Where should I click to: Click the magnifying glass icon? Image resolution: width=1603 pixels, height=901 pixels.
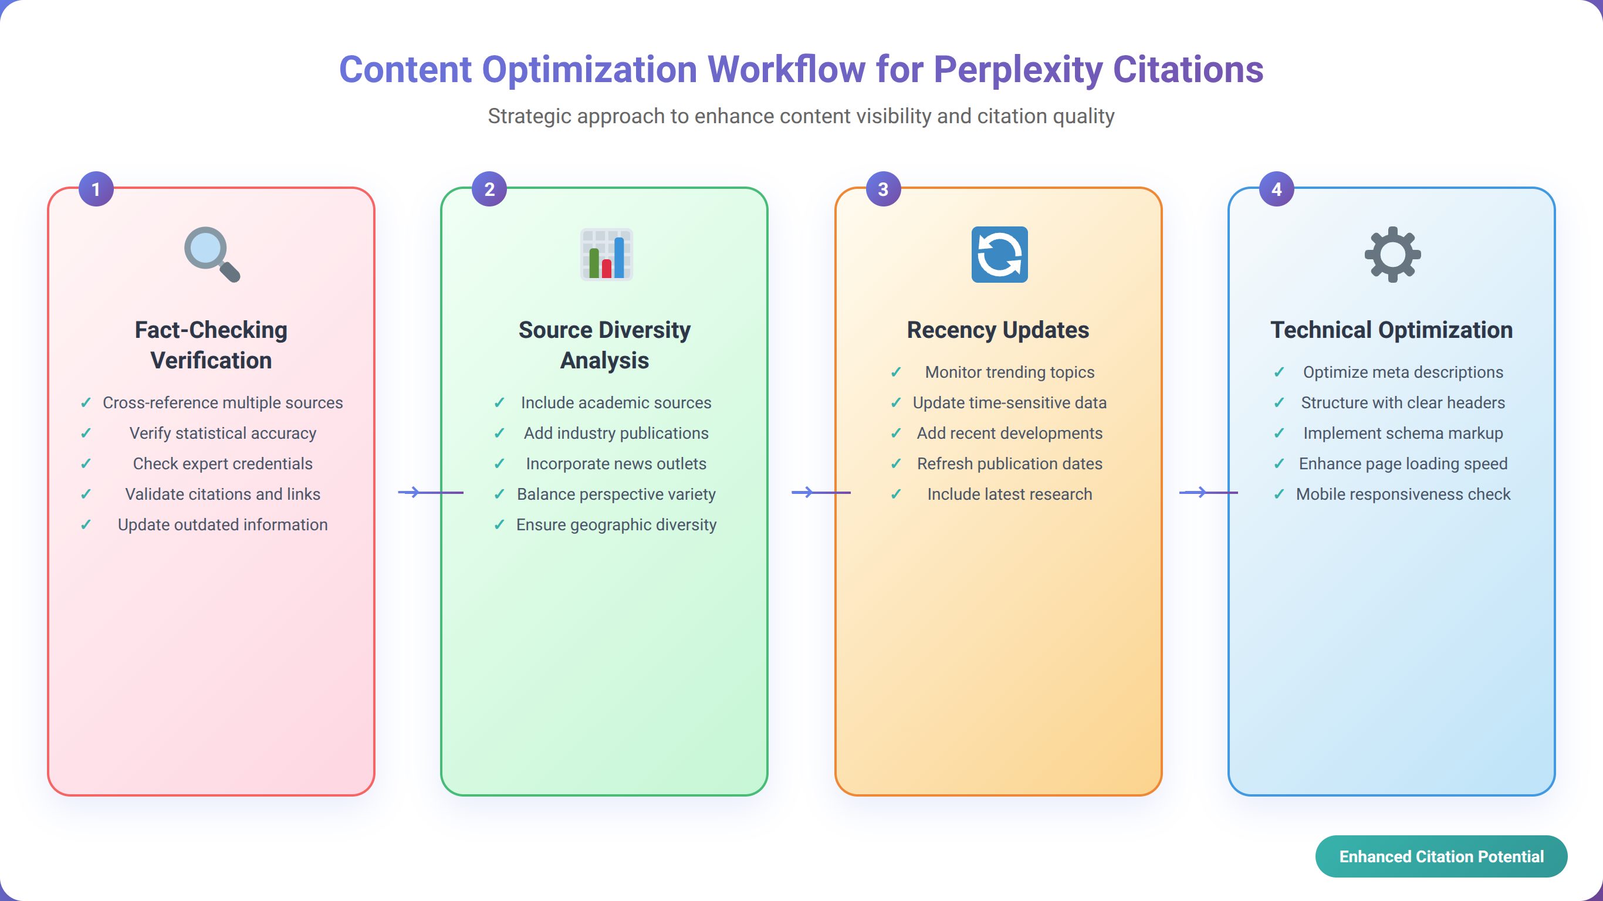pos(212,254)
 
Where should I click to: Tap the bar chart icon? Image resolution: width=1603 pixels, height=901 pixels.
pos(606,254)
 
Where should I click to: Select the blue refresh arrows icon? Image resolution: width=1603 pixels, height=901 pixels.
pos(999,254)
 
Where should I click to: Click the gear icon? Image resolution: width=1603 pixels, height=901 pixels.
pos(1393,254)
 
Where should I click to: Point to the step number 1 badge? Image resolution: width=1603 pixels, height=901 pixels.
pos(96,188)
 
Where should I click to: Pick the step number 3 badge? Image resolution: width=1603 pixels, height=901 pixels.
pos(883,188)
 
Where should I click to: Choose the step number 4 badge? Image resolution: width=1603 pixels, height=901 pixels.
pos(1276,188)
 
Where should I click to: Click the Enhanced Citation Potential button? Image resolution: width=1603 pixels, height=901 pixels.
pos(1441,856)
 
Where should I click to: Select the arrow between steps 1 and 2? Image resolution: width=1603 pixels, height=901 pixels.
pos(431,492)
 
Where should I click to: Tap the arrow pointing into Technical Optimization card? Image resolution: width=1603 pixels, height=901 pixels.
pos(1209,492)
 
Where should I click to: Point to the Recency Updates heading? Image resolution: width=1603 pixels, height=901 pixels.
pos(998,330)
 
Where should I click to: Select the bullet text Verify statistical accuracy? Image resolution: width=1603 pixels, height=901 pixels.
pos(223,433)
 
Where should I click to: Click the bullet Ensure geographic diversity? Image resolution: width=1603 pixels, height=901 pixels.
pos(616,524)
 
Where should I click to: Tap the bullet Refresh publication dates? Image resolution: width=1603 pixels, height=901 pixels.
pos(1009,463)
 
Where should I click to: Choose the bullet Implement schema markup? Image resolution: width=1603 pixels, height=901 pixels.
pos(1402,433)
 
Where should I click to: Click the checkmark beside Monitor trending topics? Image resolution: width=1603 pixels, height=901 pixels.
pos(895,372)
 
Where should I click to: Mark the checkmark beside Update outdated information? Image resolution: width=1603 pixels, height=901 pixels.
pos(86,524)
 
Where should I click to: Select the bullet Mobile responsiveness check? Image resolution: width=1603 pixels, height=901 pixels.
pos(1402,494)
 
